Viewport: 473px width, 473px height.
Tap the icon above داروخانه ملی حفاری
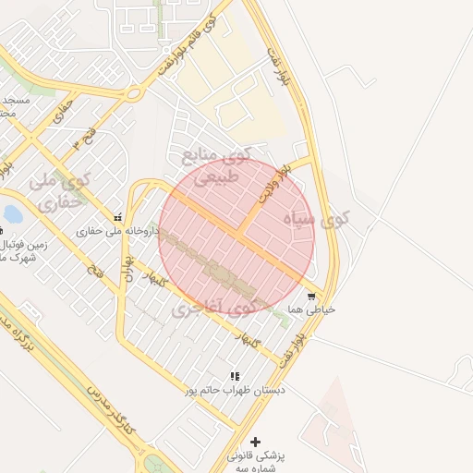click(x=117, y=218)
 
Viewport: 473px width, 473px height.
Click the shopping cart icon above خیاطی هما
click(x=311, y=297)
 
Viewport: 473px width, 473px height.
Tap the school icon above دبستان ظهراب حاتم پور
click(x=235, y=376)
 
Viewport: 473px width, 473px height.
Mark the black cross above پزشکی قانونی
click(x=256, y=443)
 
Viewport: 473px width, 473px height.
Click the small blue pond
click(x=12, y=214)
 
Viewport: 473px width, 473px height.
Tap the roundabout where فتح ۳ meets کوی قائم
click(x=133, y=92)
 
